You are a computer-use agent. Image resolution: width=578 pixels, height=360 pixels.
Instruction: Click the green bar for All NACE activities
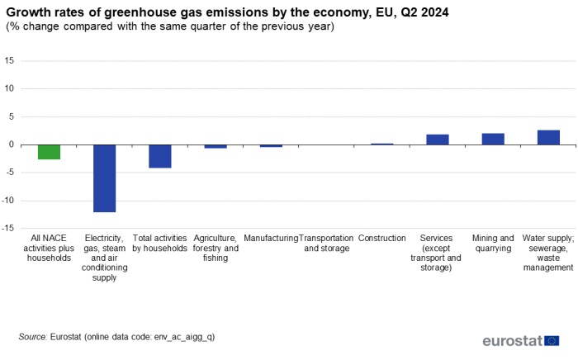[x=49, y=152]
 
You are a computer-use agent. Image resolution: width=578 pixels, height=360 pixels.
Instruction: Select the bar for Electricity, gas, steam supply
[x=104, y=178]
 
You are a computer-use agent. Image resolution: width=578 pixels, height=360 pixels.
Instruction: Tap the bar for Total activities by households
[x=159, y=156]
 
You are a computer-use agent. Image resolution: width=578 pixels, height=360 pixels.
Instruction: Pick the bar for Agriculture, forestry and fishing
[x=216, y=146]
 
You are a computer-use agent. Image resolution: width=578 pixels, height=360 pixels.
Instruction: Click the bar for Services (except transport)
[x=438, y=140]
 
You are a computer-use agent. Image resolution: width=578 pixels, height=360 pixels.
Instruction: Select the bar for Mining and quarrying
[x=493, y=139]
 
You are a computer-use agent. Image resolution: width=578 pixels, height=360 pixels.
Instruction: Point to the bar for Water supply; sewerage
[x=548, y=137]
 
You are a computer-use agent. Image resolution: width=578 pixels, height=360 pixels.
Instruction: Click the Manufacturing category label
[x=271, y=238]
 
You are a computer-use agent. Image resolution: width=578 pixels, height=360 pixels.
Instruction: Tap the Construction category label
[x=382, y=238]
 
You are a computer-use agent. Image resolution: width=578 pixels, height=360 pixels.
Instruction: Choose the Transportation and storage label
[x=326, y=243]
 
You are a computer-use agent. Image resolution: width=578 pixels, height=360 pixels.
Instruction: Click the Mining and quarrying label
[x=493, y=243]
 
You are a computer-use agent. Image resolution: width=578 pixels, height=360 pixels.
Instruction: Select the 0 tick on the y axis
[x=12, y=144]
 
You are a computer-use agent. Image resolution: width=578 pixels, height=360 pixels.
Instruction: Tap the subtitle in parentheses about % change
[x=170, y=26]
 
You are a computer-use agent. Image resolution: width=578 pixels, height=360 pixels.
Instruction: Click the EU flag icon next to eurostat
[x=552, y=340]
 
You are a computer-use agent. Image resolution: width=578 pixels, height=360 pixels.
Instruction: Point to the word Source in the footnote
[x=32, y=337]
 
